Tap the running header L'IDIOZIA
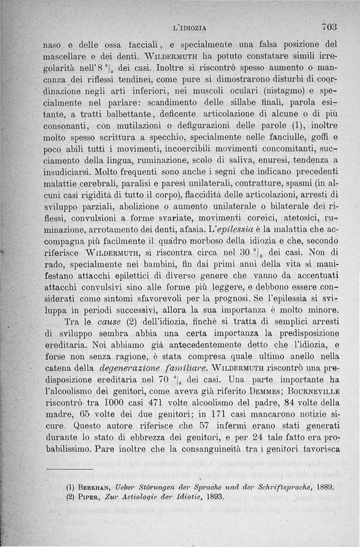coord(189,28)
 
